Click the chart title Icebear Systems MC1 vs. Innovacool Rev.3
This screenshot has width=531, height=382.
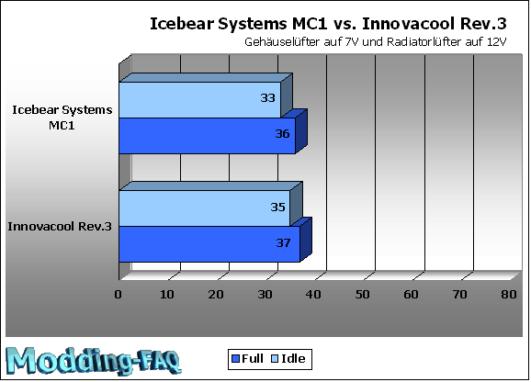pyautogui.click(x=328, y=24)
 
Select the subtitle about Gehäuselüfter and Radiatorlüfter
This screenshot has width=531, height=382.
pyautogui.click(x=375, y=42)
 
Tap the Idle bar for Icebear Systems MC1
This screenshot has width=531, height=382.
pyautogui.click(x=200, y=100)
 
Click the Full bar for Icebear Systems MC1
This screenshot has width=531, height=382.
pyautogui.click(x=208, y=136)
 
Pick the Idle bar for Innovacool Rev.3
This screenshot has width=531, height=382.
pyautogui.click(x=205, y=208)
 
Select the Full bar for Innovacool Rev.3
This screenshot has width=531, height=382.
pyautogui.click(x=209, y=244)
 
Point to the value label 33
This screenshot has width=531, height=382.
pyautogui.click(x=267, y=97)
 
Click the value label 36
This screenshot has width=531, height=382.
pyautogui.click(x=282, y=134)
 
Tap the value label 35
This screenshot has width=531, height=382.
pyautogui.click(x=277, y=207)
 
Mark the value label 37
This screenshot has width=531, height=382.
pyautogui.click(x=283, y=242)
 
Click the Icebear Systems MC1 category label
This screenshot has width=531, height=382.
pyautogui.click(x=62, y=118)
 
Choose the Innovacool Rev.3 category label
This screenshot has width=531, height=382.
pyautogui.click(x=60, y=226)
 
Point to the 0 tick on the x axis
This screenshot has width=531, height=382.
pyautogui.click(x=118, y=295)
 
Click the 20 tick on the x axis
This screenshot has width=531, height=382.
pyautogui.click(x=216, y=295)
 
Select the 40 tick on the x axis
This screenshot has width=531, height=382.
pyautogui.click(x=313, y=295)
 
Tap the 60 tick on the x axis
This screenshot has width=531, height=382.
pyautogui.click(x=411, y=295)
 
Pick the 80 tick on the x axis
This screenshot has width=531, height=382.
pyautogui.click(x=509, y=295)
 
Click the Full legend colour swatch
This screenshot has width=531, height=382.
pyautogui.click(x=235, y=359)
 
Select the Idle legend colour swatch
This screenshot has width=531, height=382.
pyautogui.click(x=275, y=359)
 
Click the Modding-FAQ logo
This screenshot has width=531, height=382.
pyautogui.click(x=94, y=361)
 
